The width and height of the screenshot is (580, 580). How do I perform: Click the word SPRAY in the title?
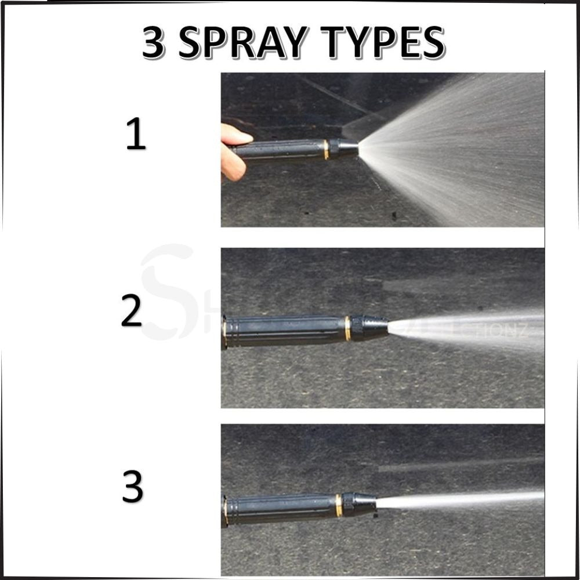(x=252, y=43)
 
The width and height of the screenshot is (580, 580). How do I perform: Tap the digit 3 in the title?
(x=153, y=43)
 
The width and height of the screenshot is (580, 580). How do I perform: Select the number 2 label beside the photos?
(x=132, y=311)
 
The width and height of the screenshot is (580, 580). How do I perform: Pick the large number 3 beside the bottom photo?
(x=132, y=488)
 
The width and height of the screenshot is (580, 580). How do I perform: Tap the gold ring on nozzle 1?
(x=326, y=149)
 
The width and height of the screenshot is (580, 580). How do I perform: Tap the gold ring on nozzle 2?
(x=347, y=328)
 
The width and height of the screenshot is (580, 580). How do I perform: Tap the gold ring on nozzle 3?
(x=338, y=505)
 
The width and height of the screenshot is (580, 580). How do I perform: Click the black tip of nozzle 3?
(x=360, y=503)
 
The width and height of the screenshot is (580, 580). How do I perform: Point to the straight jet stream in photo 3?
(x=464, y=499)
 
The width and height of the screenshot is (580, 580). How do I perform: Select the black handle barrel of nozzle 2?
(x=284, y=331)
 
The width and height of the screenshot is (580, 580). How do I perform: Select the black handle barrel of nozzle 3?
(x=278, y=507)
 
